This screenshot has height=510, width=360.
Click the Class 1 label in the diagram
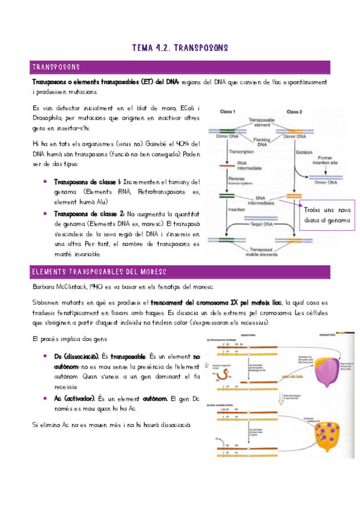227,112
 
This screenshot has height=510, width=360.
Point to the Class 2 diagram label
294,112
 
